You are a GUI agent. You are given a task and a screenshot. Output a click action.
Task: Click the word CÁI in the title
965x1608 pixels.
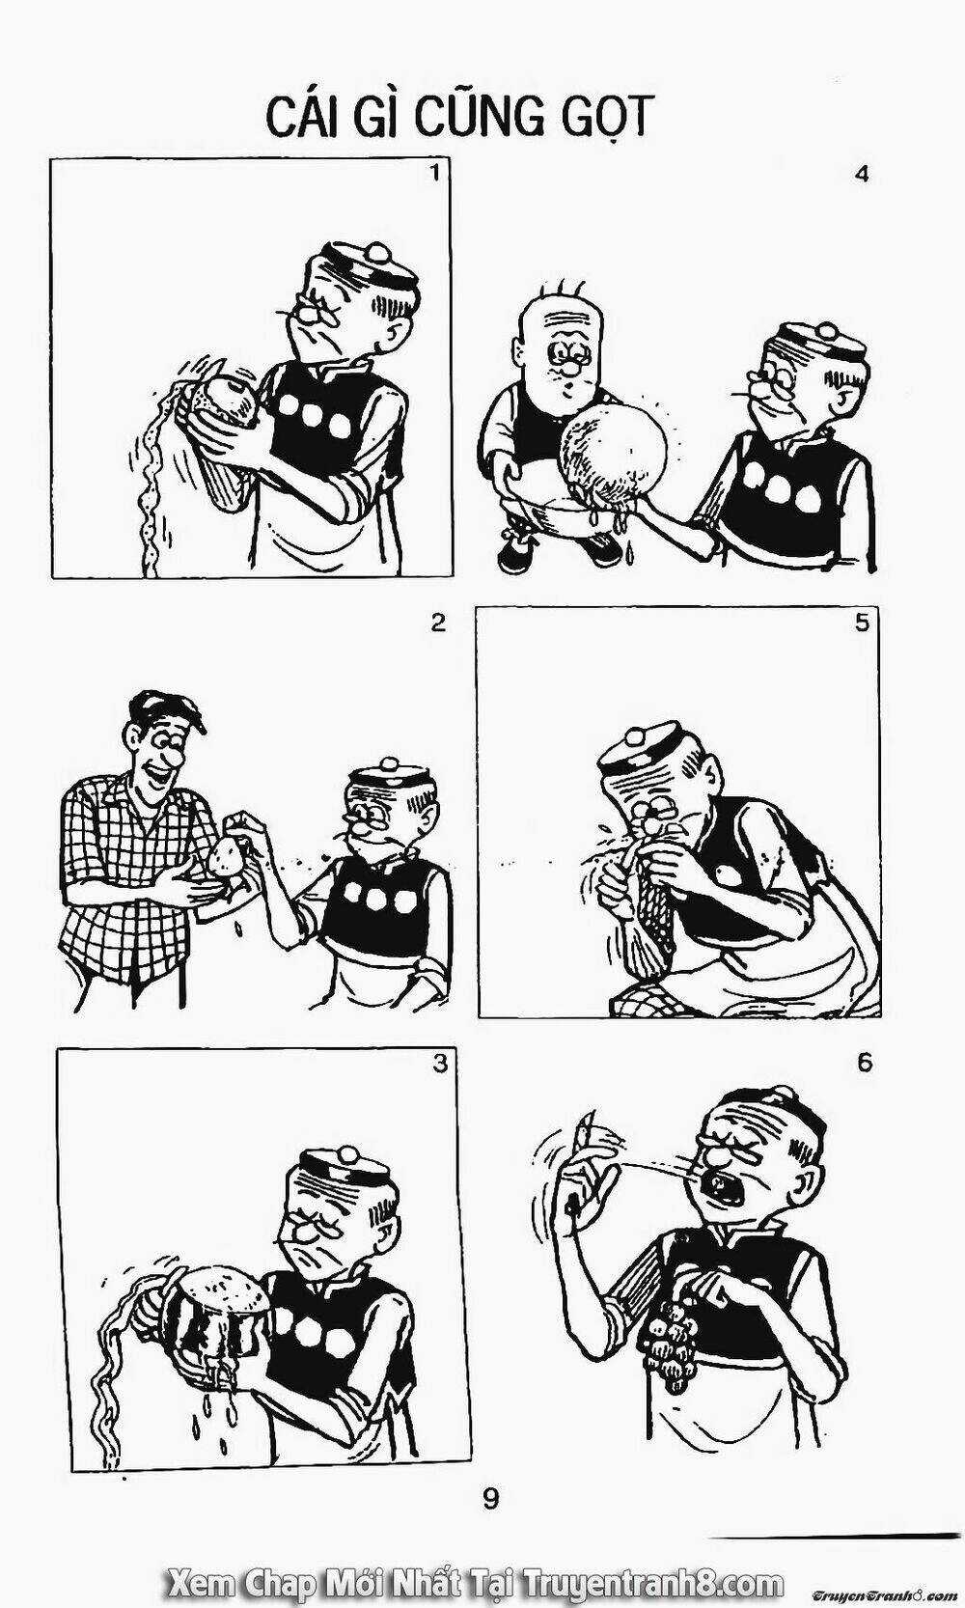click(x=304, y=116)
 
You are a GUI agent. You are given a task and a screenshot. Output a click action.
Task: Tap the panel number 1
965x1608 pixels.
click(x=433, y=174)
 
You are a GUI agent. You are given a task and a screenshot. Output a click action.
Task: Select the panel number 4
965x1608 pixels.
click(x=862, y=175)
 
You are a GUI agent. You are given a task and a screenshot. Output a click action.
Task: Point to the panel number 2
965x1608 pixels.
click(x=438, y=623)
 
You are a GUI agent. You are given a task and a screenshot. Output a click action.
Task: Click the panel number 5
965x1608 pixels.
click(x=862, y=623)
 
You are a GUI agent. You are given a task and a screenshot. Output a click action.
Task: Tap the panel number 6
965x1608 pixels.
click(x=865, y=1063)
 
